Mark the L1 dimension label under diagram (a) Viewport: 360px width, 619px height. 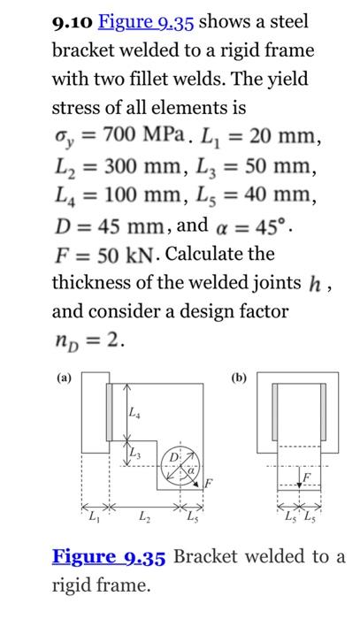pos(92,515)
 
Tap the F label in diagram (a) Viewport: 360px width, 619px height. pos(209,484)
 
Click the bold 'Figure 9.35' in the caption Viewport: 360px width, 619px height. pos(109,557)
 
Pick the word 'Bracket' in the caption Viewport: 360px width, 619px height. pos(209,557)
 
